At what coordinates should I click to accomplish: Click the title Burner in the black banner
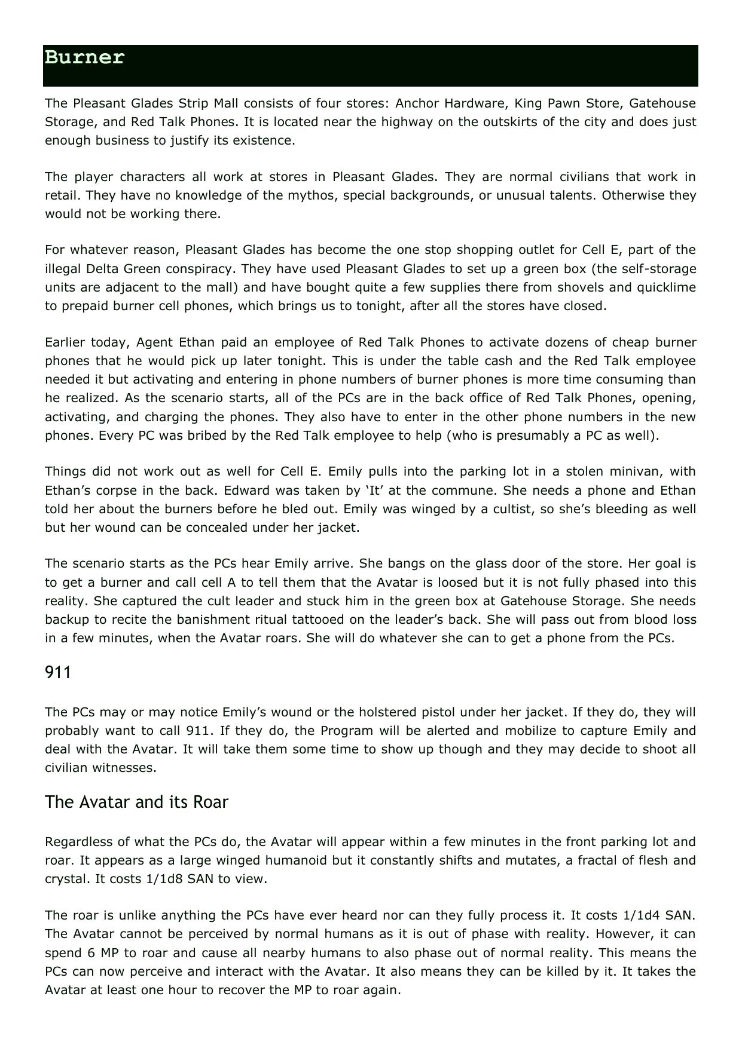coord(84,58)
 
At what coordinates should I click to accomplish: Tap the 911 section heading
coord(58,673)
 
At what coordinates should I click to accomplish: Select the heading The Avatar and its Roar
coord(136,802)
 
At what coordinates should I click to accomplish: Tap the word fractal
coord(573,860)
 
